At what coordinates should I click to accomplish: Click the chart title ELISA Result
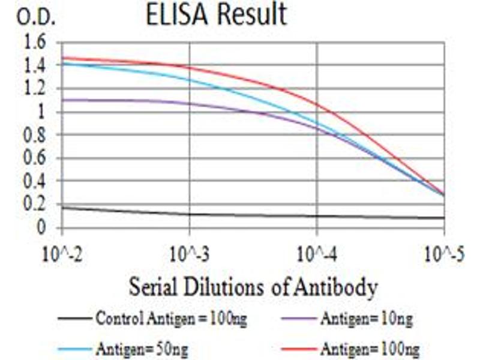[217, 15]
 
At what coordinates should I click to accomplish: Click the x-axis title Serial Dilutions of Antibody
[253, 287]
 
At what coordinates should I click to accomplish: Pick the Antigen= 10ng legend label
[367, 319]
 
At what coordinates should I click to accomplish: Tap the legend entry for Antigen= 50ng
[145, 347]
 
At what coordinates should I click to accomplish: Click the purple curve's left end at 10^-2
[63, 100]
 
